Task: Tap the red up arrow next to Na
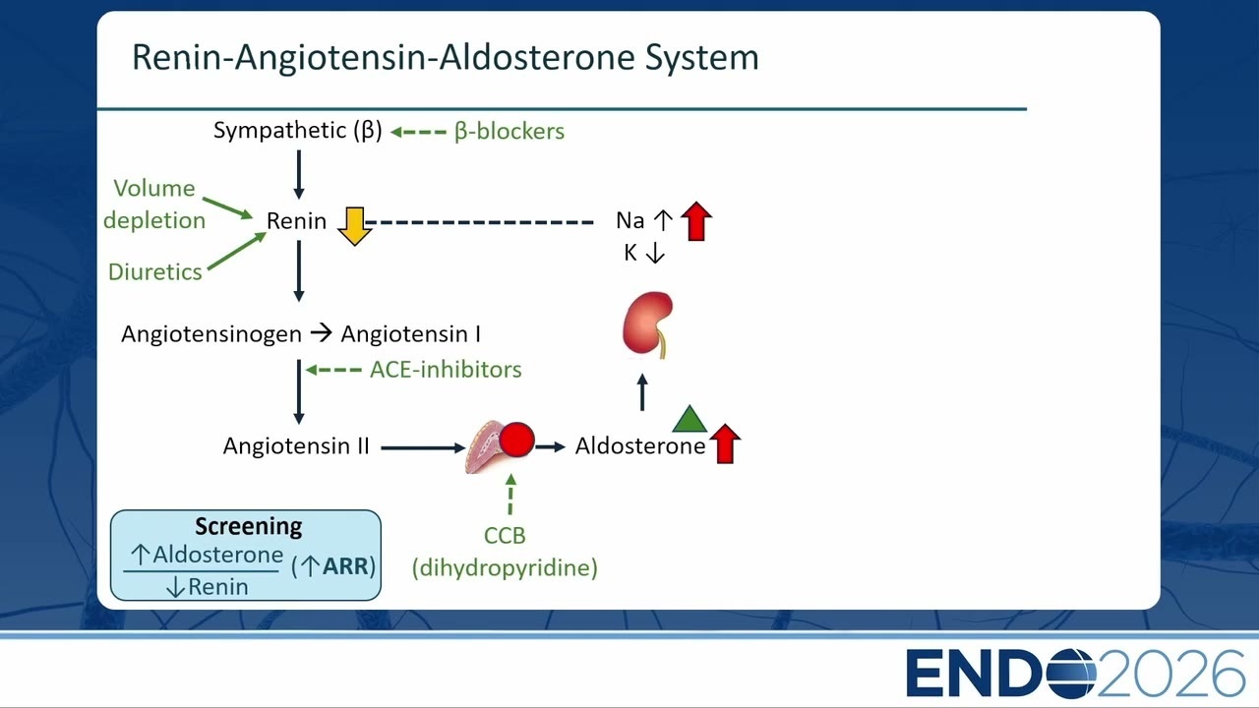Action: pyautogui.click(x=696, y=221)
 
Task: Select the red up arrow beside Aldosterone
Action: pyautogui.click(x=725, y=443)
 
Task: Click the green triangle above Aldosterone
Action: pyautogui.click(x=689, y=419)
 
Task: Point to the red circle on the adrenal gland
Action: pyautogui.click(x=516, y=440)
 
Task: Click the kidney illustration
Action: pyautogui.click(x=647, y=324)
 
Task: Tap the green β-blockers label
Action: pyautogui.click(x=510, y=132)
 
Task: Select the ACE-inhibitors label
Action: pyautogui.click(x=446, y=370)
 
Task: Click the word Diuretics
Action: pyautogui.click(x=155, y=272)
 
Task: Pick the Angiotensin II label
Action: pyautogui.click(x=296, y=446)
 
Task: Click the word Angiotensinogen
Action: pyautogui.click(x=211, y=334)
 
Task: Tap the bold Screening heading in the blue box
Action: pyautogui.click(x=249, y=526)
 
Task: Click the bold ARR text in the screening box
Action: pyautogui.click(x=345, y=566)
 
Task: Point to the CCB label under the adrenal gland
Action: pyautogui.click(x=505, y=536)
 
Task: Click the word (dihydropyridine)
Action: pyautogui.click(x=505, y=567)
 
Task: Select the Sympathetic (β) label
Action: pyautogui.click(x=297, y=131)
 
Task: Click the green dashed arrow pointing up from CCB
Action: pyautogui.click(x=510, y=495)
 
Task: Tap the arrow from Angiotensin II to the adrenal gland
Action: pyautogui.click(x=423, y=447)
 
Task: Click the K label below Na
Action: pyautogui.click(x=630, y=254)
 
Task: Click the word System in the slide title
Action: pyautogui.click(x=701, y=57)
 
